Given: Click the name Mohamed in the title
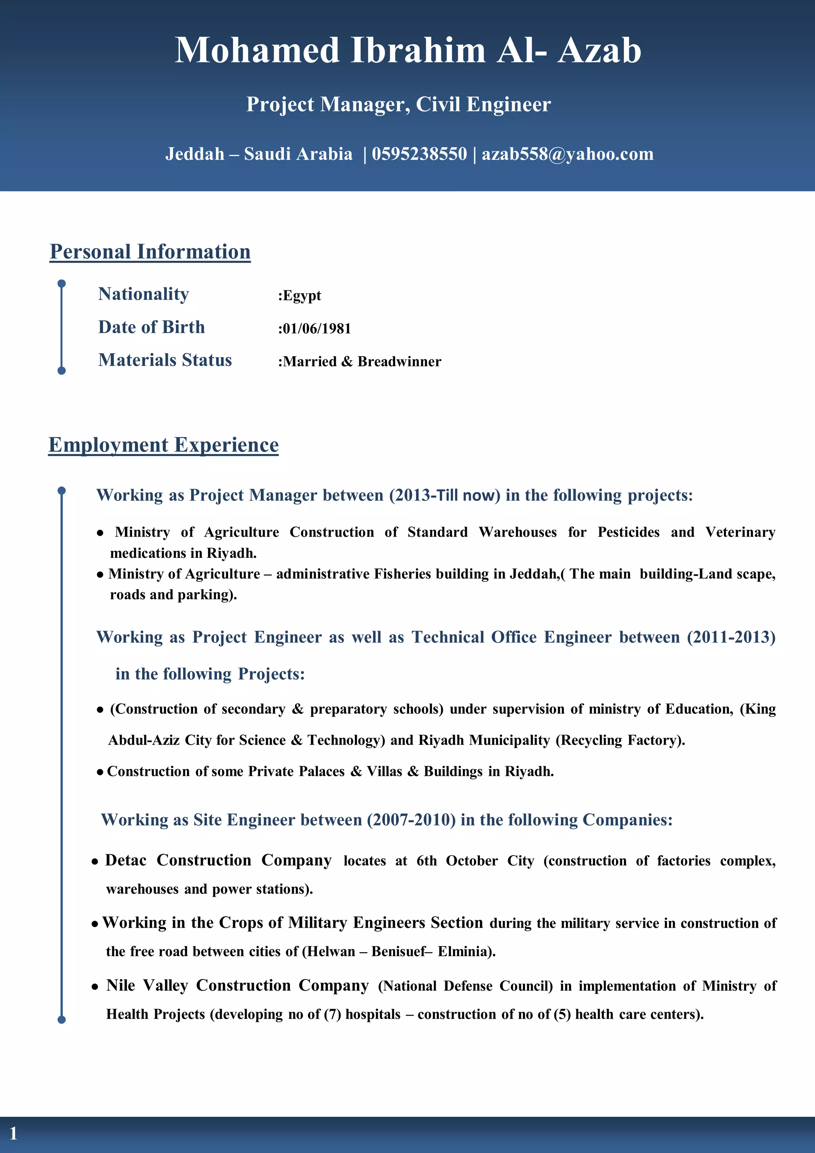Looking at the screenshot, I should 257,51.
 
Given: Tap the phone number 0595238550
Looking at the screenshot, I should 419,154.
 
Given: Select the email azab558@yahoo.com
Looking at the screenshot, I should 567,154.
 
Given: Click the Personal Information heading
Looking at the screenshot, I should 150,251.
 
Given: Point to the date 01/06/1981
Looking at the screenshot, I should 316,328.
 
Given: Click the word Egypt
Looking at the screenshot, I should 302,295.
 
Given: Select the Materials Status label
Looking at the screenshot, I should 165,360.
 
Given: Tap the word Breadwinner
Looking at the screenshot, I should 399,362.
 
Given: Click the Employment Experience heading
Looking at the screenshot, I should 163,445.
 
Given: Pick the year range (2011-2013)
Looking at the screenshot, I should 731,637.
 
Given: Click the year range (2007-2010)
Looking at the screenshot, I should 411,820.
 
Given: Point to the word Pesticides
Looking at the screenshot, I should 628,532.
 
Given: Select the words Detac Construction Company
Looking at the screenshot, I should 218,860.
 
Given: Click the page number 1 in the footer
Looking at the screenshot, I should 14,1133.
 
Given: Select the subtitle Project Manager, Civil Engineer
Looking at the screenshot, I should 398,105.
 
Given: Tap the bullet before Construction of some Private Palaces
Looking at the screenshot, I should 100,772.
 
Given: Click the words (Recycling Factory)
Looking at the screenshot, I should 620,740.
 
